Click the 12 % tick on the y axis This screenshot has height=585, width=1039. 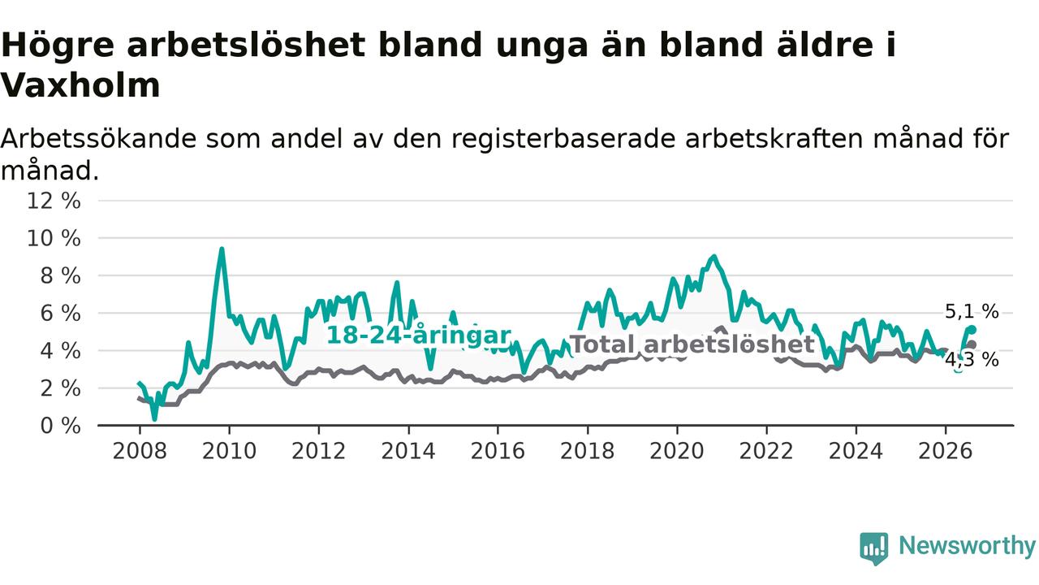[x=54, y=201]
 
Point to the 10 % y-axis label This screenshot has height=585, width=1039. [x=54, y=239]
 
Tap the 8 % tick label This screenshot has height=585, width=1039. [x=60, y=276]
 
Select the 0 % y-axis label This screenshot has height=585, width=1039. [x=60, y=426]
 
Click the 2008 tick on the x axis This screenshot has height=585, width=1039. [x=140, y=451]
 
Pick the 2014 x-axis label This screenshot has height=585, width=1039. [x=408, y=451]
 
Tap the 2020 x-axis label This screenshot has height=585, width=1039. [x=677, y=451]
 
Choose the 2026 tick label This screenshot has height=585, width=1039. [x=946, y=451]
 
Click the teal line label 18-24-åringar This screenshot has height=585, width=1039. [x=419, y=336]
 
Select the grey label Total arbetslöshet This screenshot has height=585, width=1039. [x=692, y=344]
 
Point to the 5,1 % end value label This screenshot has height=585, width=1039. [x=972, y=311]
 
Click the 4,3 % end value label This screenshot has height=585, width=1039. [x=972, y=360]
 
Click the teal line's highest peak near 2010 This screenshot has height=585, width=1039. [x=222, y=249]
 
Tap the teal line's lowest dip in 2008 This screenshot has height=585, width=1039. [x=154, y=418]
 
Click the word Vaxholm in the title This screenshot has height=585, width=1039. [x=80, y=86]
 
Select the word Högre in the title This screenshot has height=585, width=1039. [x=57, y=46]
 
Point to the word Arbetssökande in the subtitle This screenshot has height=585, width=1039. [x=98, y=139]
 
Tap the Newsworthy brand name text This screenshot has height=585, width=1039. [x=967, y=546]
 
